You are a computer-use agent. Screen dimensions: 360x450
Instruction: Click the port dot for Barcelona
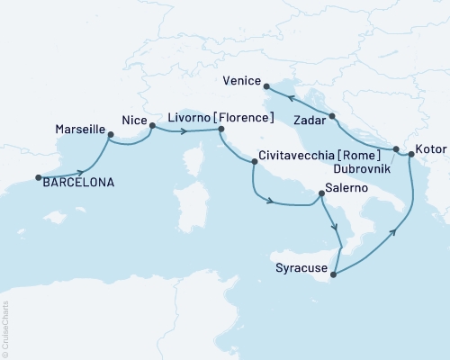point(39,177)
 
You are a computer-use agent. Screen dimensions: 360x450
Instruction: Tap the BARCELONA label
point(78,183)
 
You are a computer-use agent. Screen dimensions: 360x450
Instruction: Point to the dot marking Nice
point(151,126)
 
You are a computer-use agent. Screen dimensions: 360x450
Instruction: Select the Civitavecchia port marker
point(255,163)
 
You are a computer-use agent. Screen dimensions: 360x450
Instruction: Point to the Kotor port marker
point(411,156)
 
